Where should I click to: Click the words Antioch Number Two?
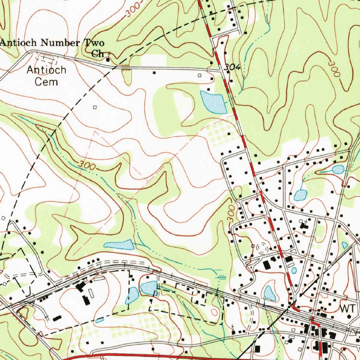click(x=52, y=43)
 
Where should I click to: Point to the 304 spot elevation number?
click(x=232, y=67)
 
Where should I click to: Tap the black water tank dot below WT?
click(x=349, y=316)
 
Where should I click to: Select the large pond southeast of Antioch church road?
click(x=213, y=102)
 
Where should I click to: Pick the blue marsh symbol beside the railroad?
click(x=221, y=278)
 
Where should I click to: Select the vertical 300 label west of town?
click(x=231, y=214)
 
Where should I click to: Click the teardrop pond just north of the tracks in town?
click(x=269, y=294)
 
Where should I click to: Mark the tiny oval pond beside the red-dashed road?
click(x=294, y=270)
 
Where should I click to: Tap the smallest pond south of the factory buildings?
click(x=99, y=320)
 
